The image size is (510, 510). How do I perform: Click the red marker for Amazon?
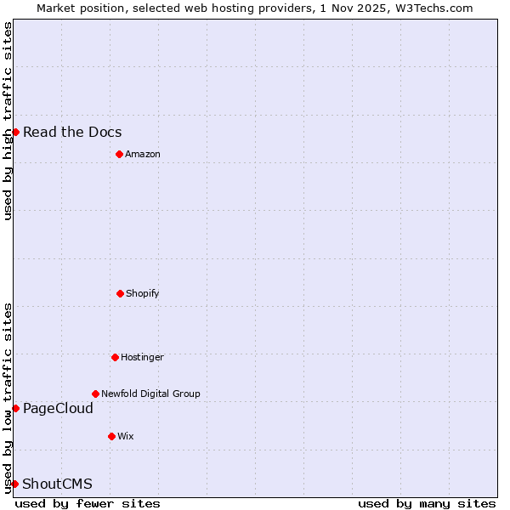click(x=119, y=154)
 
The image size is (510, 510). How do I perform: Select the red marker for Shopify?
click(x=120, y=293)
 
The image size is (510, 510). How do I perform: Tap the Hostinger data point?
click(x=115, y=357)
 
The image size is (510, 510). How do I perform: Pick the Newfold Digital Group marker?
click(x=95, y=394)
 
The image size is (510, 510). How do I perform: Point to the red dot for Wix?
click(x=111, y=436)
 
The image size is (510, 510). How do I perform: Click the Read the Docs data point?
click(x=15, y=132)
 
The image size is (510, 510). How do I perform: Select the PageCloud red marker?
click(x=15, y=408)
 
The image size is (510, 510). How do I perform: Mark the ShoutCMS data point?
click(x=14, y=484)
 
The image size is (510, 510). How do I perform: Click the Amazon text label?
click(x=143, y=154)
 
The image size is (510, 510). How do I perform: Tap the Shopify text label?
click(x=143, y=293)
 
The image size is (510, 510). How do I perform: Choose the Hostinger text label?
click(x=142, y=357)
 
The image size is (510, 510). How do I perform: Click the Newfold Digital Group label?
click(x=150, y=394)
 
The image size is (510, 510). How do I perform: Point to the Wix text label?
click(x=126, y=436)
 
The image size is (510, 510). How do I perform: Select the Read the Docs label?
click(x=72, y=132)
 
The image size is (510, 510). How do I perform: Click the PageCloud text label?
click(x=58, y=409)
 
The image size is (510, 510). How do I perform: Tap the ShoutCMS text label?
click(x=57, y=484)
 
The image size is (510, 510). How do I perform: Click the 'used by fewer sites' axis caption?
click(x=88, y=503)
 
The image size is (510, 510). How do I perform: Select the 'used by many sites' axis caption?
click(x=427, y=503)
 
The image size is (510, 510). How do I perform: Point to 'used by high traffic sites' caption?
click(x=8, y=121)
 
